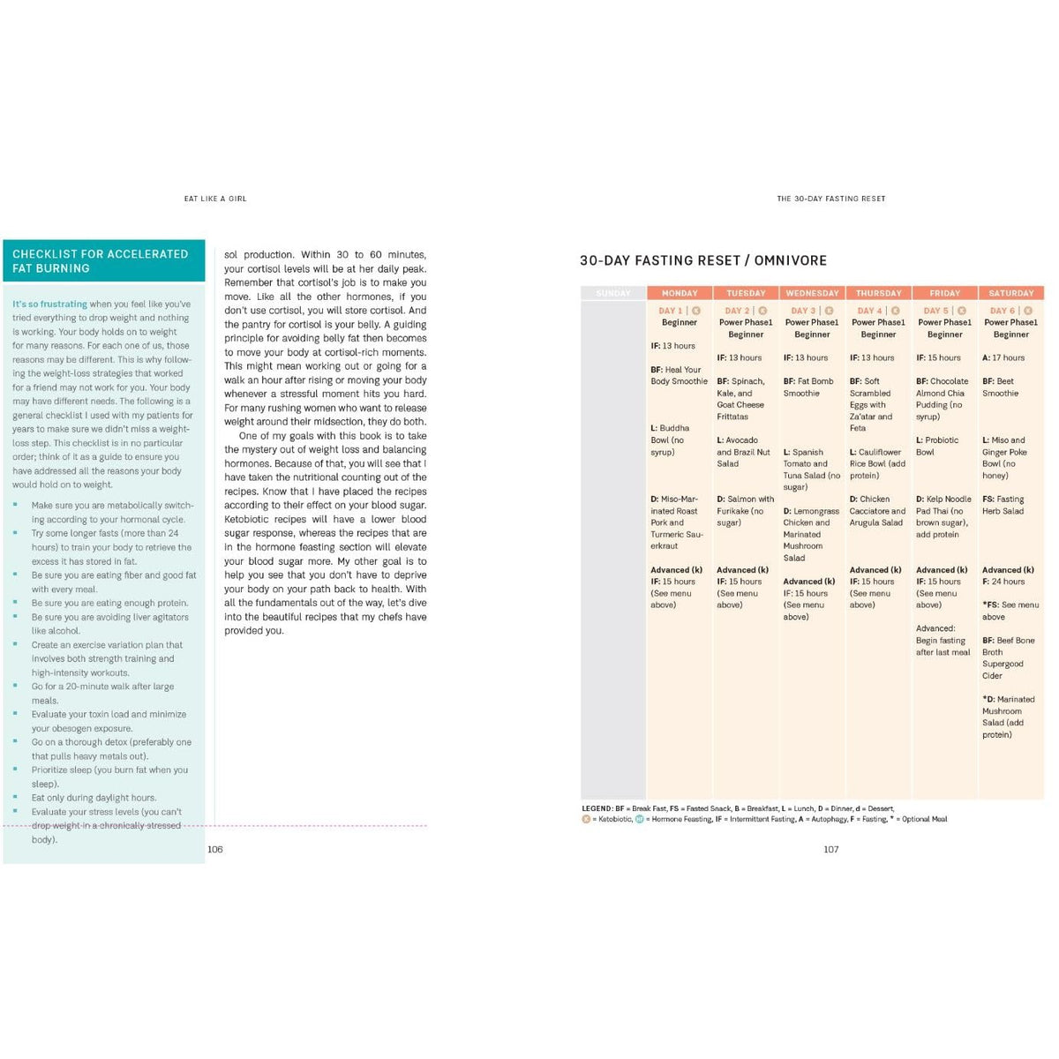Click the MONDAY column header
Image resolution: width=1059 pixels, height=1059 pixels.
coord(680,293)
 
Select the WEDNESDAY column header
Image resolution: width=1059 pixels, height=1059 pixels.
coord(812,293)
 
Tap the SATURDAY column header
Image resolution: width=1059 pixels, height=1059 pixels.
coord(1010,293)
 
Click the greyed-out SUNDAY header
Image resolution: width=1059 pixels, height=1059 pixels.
coord(613,293)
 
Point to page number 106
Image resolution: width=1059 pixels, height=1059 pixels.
coord(214,849)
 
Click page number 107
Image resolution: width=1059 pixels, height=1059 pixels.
coord(830,849)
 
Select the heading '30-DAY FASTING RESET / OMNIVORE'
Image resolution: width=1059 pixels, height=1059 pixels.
coord(702,260)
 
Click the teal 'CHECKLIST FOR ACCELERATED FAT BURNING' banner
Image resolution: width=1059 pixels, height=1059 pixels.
coord(103,261)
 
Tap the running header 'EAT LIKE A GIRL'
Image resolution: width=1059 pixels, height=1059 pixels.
coord(215,199)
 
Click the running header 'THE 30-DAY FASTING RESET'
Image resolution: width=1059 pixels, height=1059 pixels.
coord(830,199)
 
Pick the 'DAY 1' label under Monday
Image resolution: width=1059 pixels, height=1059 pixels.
coord(671,311)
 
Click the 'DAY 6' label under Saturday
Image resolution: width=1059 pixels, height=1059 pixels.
coord(1003,311)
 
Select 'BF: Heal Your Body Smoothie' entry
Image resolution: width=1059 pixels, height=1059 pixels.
coord(679,376)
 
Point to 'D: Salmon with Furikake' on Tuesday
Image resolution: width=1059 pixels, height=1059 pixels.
coord(745,511)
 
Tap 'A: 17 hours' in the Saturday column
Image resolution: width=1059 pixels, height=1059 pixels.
coord(1003,357)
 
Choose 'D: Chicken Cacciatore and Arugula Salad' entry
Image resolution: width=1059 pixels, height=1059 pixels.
coord(877,511)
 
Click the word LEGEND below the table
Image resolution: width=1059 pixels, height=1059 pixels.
coord(597,808)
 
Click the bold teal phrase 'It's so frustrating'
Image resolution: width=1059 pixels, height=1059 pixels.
coord(49,304)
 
